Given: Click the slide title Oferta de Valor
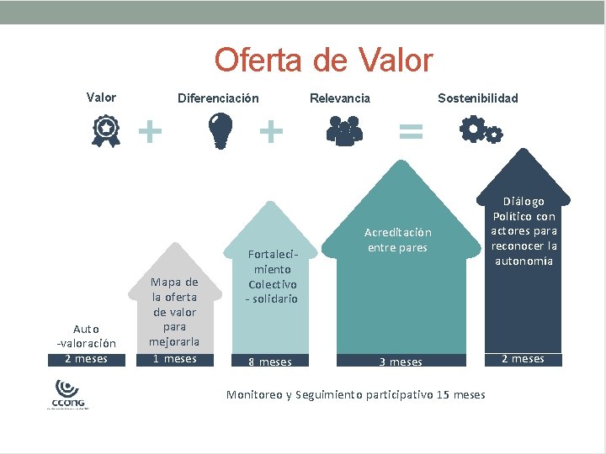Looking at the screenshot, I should [x=323, y=61].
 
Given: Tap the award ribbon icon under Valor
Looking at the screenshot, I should [x=105, y=133].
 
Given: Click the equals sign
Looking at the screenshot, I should [x=410, y=130].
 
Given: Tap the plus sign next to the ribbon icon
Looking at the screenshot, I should [x=150, y=130].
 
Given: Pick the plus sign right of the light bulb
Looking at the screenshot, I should [x=270, y=130].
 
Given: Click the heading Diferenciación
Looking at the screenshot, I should [x=218, y=98].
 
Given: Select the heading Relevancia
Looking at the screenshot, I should [x=339, y=98].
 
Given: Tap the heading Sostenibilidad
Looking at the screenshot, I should [x=478, y=98].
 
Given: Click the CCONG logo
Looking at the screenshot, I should [x=66, y=394].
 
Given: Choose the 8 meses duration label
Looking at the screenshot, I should [x=270, y=362].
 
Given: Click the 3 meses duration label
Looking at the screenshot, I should [x=401, y=362].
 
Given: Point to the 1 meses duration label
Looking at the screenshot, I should [x=174, y=359].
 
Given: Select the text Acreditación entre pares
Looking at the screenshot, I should [x=397, y=240].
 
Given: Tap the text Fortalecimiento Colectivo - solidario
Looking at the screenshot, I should [x=272, y=276].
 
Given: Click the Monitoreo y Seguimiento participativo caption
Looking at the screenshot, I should [x=356, y=394].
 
